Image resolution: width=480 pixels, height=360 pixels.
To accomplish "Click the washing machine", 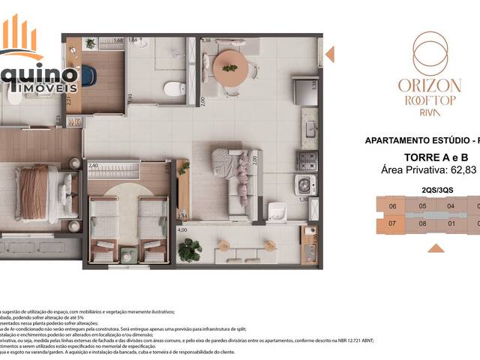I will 304,185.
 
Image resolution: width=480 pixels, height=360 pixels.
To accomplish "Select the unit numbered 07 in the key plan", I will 391,223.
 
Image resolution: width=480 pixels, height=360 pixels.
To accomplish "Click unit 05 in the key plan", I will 422,206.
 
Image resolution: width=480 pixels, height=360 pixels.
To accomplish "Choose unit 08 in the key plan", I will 422,223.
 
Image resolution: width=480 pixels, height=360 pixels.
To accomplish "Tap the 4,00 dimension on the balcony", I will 181,231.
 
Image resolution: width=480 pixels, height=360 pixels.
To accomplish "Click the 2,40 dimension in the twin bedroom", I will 94,166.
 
